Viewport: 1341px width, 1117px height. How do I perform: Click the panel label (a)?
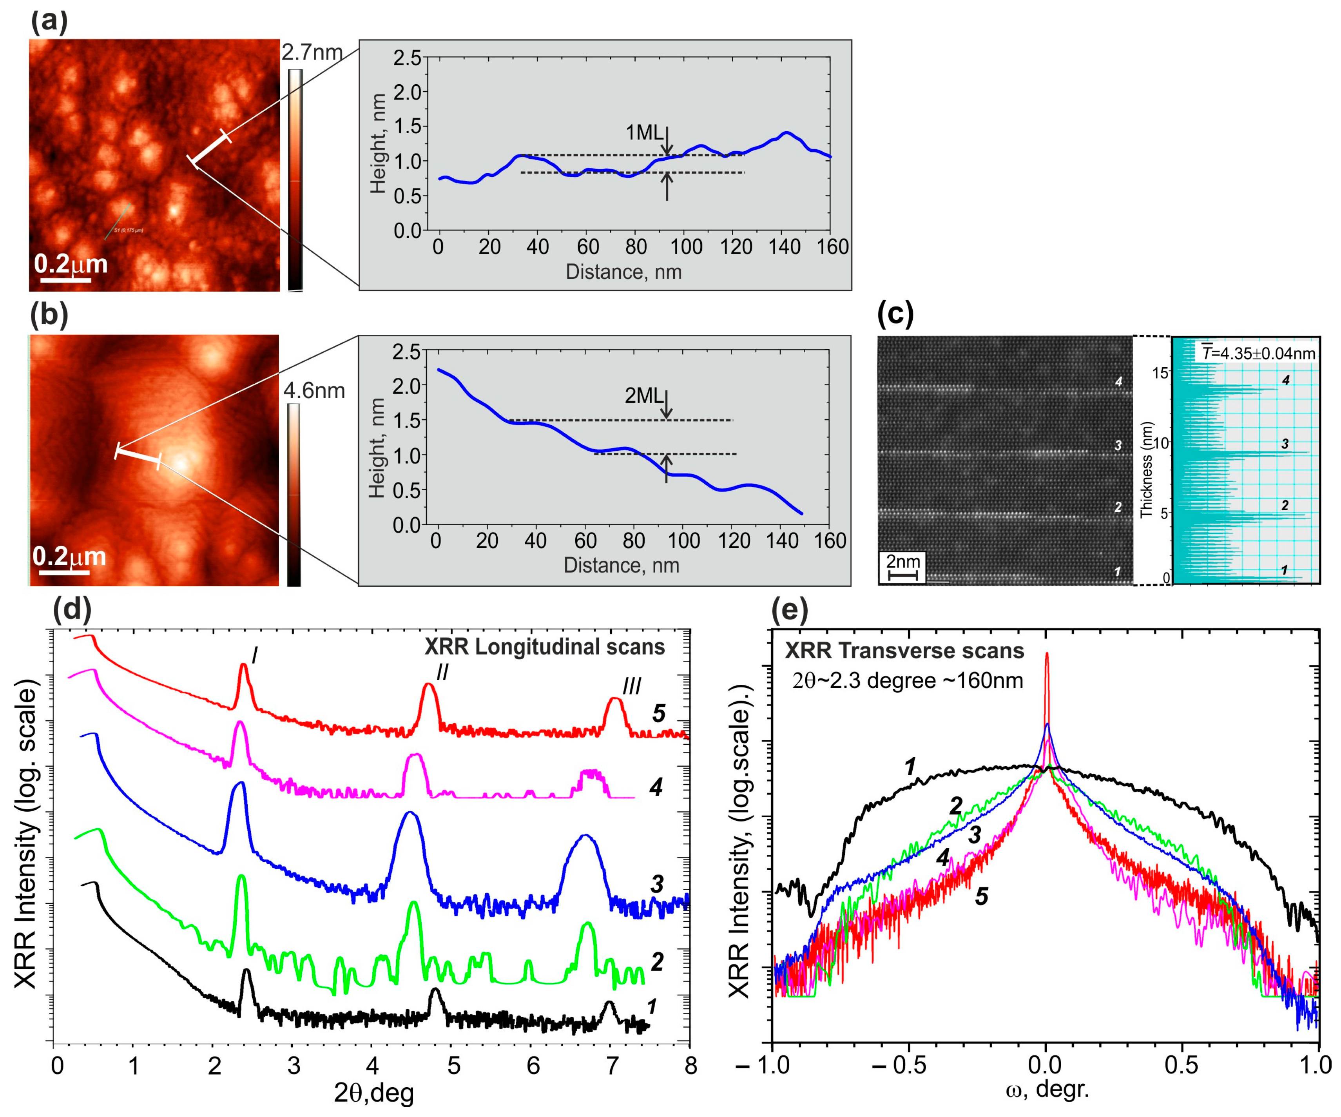click(49, 21)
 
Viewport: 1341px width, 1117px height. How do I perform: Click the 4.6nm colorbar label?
click(314, 391)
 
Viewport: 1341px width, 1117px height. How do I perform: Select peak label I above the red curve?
click(255, 655)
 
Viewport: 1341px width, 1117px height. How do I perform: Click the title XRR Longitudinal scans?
click(545, 647)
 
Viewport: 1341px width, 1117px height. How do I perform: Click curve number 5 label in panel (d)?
click(658, 713)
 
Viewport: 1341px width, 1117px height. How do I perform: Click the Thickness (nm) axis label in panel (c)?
click(1146, 470)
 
